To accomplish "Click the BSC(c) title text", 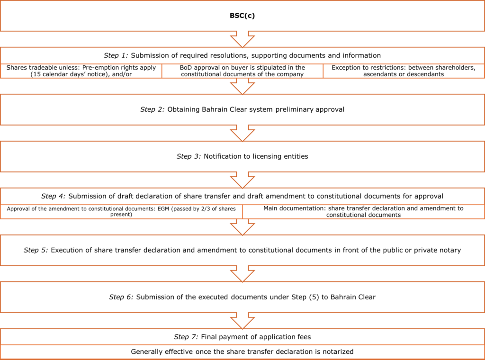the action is click(x=242, y=16).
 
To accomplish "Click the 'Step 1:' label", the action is click(x=116, y=55).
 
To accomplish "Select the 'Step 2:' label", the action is click(x=152, y=109).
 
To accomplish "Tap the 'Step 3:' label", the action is click(x=189, y=156).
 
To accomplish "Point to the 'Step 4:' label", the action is click(x=54, y=196).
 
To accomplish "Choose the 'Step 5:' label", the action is click(x=36, y=250).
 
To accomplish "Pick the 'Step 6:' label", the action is click(x=121, y=297).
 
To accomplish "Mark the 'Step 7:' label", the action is click(x=186, y=337).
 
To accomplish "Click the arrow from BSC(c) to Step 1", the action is click(x=242, y=39).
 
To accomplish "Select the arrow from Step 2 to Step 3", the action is click(x=242, y=133).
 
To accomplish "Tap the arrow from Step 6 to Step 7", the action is click(x=242, y=321).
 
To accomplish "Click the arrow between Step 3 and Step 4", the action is click(x=242, y=180).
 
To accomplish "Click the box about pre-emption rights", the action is click(x=81, y=71).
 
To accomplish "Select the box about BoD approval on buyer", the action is click(x=242, y=71).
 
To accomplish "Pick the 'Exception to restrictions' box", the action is click(x=404, y=71).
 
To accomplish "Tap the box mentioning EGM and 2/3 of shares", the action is click(x=121, y=212).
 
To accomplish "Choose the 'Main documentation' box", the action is click(x=363, y=212).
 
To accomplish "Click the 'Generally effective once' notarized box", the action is click(x=242, y=351).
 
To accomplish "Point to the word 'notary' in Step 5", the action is click(x=451, y=251).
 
